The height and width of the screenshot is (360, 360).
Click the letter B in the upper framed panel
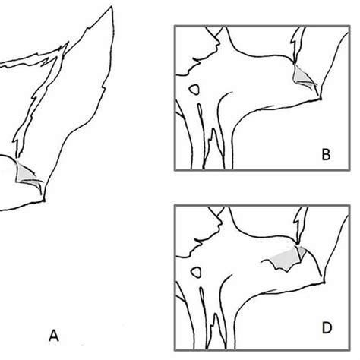tap(325, 156)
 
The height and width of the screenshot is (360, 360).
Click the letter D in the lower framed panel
tap(325, 329)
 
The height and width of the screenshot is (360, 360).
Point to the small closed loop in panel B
tap(196, 89)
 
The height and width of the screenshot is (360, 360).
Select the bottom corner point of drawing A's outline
tap(46, 201)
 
